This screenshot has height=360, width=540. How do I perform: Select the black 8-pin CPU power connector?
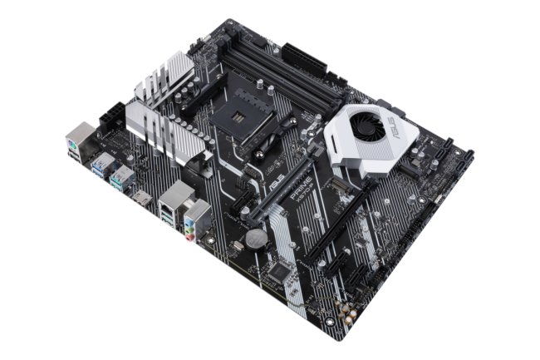[112, 117]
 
